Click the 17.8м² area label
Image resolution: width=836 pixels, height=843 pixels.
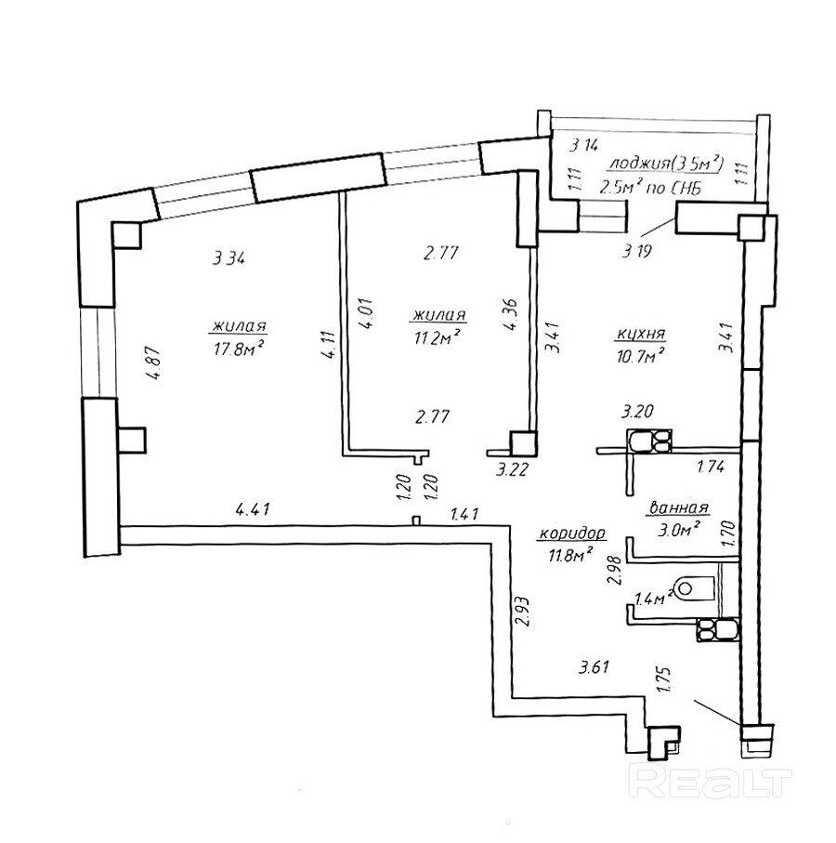click(x=238, y=349)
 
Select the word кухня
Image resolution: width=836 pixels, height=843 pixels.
click(x=640, y=335)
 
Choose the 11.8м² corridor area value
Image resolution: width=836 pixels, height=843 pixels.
click(x=570, y=554)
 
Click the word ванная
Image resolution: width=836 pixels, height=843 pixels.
click(x=679, y=507)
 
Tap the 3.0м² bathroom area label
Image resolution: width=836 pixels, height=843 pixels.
click(x=679, y=529)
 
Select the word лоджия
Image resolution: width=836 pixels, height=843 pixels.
click(x=637, y=163)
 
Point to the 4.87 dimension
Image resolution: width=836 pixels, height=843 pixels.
click(x=153, y=362)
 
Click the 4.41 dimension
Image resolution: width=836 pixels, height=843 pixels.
click(x=253, y=508)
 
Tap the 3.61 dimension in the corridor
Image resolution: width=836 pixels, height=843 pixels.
click(x=594, y=667)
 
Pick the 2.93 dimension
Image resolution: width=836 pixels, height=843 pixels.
click(x=523, y=611)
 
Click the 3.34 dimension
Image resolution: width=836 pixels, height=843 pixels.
click(x=229, y=259)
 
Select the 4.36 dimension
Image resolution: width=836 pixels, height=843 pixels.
click(x=510, y=314)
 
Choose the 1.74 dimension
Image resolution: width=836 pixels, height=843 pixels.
click(x=711, y=467)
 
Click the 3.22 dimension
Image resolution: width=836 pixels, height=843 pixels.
click(x=513, y=470)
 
